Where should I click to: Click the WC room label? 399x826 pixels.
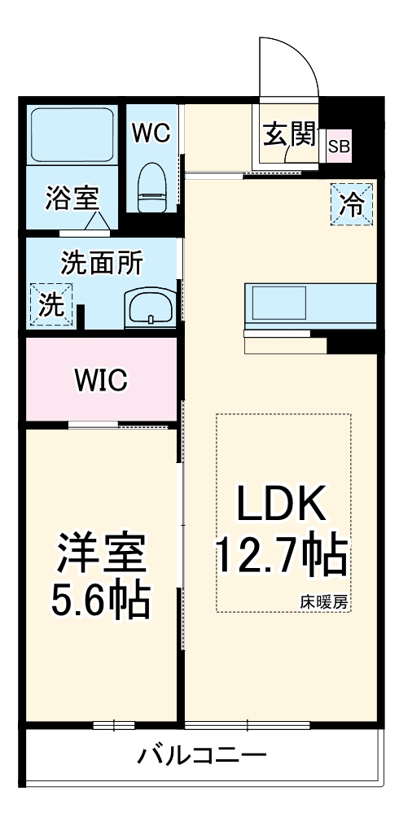[151, 133]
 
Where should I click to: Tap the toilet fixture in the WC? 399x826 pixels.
[151, 187]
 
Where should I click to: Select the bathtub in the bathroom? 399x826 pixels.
[72, 135]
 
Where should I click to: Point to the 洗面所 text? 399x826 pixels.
[101, 264]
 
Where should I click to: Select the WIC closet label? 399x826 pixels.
[101, 380]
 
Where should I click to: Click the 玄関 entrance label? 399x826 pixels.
[289, 134]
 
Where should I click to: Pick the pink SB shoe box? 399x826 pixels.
[339, 146]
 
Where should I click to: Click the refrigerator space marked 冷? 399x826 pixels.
[352, 204]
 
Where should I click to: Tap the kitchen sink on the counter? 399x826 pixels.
[279, 304]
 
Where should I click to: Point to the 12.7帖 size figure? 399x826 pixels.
[283, 554]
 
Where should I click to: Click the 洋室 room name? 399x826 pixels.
[101, 553]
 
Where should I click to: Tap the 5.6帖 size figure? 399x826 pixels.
[100, 601]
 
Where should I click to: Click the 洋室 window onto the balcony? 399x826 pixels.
[114, 725]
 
